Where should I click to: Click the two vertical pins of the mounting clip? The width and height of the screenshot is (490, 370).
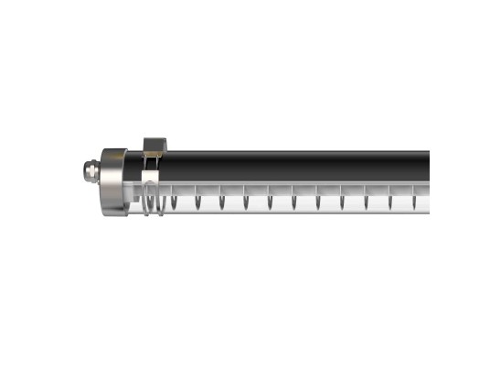(152, 162)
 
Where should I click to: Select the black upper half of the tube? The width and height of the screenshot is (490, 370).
(293, 166)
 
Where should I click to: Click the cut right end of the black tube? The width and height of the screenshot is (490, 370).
(427, 166)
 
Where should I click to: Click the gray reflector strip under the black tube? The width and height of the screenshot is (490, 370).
(293, 185)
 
